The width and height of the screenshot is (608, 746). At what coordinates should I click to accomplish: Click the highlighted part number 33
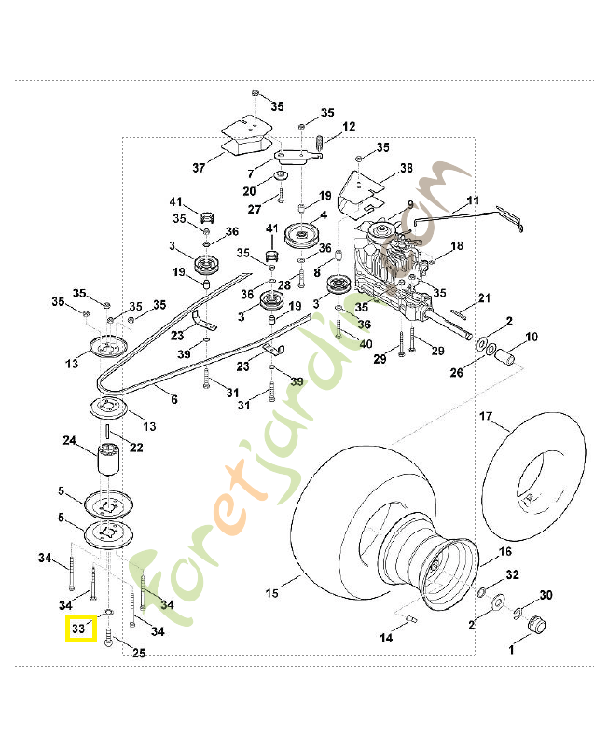79,630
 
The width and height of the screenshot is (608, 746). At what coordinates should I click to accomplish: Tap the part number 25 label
138,654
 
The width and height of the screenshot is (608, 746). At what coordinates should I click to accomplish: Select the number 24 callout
69,440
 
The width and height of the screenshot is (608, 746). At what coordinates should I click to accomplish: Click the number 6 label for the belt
173,398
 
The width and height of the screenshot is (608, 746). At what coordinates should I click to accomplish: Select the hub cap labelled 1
536,625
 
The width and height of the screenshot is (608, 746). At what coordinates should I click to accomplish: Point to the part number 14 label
386,638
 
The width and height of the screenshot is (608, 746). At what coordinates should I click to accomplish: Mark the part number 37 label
199,168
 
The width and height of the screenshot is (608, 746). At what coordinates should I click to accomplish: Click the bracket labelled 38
360,192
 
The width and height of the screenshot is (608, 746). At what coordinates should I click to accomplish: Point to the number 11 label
473,200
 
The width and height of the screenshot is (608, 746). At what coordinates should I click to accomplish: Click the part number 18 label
456,246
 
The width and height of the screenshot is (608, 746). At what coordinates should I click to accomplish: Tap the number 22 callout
136,449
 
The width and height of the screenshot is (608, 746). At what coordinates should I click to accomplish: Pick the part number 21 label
484,298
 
